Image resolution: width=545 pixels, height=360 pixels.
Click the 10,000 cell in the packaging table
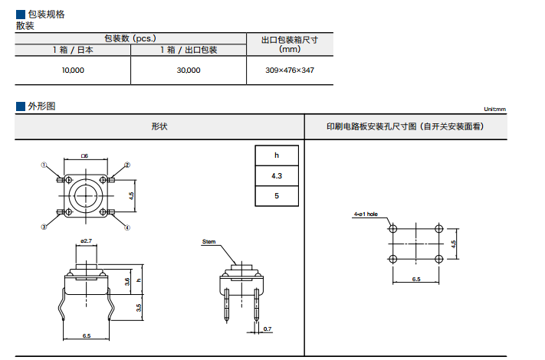pyautogui.click(x=74, y=70)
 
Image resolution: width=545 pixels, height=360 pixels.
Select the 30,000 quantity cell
pyautogui.click(x=189, y=70)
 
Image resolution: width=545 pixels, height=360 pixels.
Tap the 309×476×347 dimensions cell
pyautogui.click(x=290, y=70)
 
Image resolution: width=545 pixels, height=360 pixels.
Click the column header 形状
pyautogui.click(x=159, y=126)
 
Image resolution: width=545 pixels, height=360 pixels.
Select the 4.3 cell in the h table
pyautogui.click(x=277, y=176)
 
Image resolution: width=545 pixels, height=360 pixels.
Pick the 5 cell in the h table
pyautogui.click(x=277, y=196)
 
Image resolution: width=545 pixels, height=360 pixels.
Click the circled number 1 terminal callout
pyautogui.click(x=44, y=164)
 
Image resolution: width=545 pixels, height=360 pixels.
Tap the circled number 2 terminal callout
pyautogui.click(x=127, y=164)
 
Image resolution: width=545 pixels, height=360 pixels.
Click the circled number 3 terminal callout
pyautogui.click(x=44, y=227)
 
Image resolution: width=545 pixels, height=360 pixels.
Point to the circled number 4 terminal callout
pyautogui.click(x=127, y=227)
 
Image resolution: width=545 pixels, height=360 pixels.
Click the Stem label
pyautogui.click(x=208, y=241)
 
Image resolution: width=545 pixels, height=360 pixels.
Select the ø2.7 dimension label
pyautogui.click(x=86, y=241)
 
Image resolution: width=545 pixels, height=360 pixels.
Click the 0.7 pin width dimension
pyautogui.click(x=267, y=329)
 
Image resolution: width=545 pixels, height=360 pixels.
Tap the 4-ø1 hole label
pyautogui.click(x=366, y=215)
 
